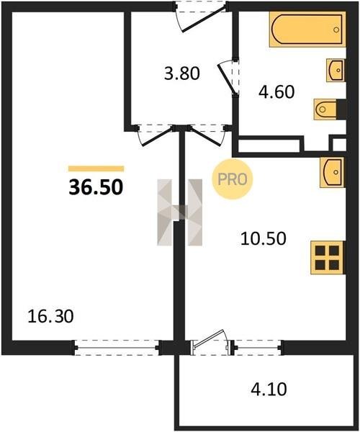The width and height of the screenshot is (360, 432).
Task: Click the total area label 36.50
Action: pyautogui.click(x=96, y=187)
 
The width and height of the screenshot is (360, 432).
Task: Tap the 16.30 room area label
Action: pyautogui.click(x=50, y=316)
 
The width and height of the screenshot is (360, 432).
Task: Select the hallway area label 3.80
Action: pyautogui.click(x=181, y=74)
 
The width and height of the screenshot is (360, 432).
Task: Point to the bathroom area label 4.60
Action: pyautogui.click(x=276, y=92)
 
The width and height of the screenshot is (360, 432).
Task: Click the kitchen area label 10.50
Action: pyautogui.click(x=264, y=238)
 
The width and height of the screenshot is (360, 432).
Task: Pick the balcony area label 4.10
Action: pyautogui.click(x=269, y=390)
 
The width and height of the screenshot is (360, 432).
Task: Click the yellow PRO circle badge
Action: pyautogui.click(x=232, y=179)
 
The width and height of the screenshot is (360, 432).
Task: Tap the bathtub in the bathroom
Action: pyautogui.click(x=307, y=30)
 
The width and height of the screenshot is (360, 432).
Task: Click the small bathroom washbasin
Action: pyautogui.click(x=336, y=71)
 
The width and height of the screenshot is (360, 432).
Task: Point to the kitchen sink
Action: pyautogui.click(x=333, y=173)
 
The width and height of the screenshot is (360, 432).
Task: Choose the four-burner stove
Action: pyautogui.click(x=328, y=257)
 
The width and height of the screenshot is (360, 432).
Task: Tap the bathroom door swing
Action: pyautogui.click(x=228, y=78)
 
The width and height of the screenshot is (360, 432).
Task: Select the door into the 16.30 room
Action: pyautogui.click(x=156, y=135)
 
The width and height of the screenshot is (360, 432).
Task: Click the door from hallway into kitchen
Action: pyautogui.click(x=207, y=135)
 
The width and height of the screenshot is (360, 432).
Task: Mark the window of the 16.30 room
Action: pyautogui.click(x=117, y=348)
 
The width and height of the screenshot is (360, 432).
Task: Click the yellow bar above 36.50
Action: pyautogui.click(x=96, y=168)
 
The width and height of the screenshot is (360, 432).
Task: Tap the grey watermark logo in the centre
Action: pyautogui.click(x=179, y=212)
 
